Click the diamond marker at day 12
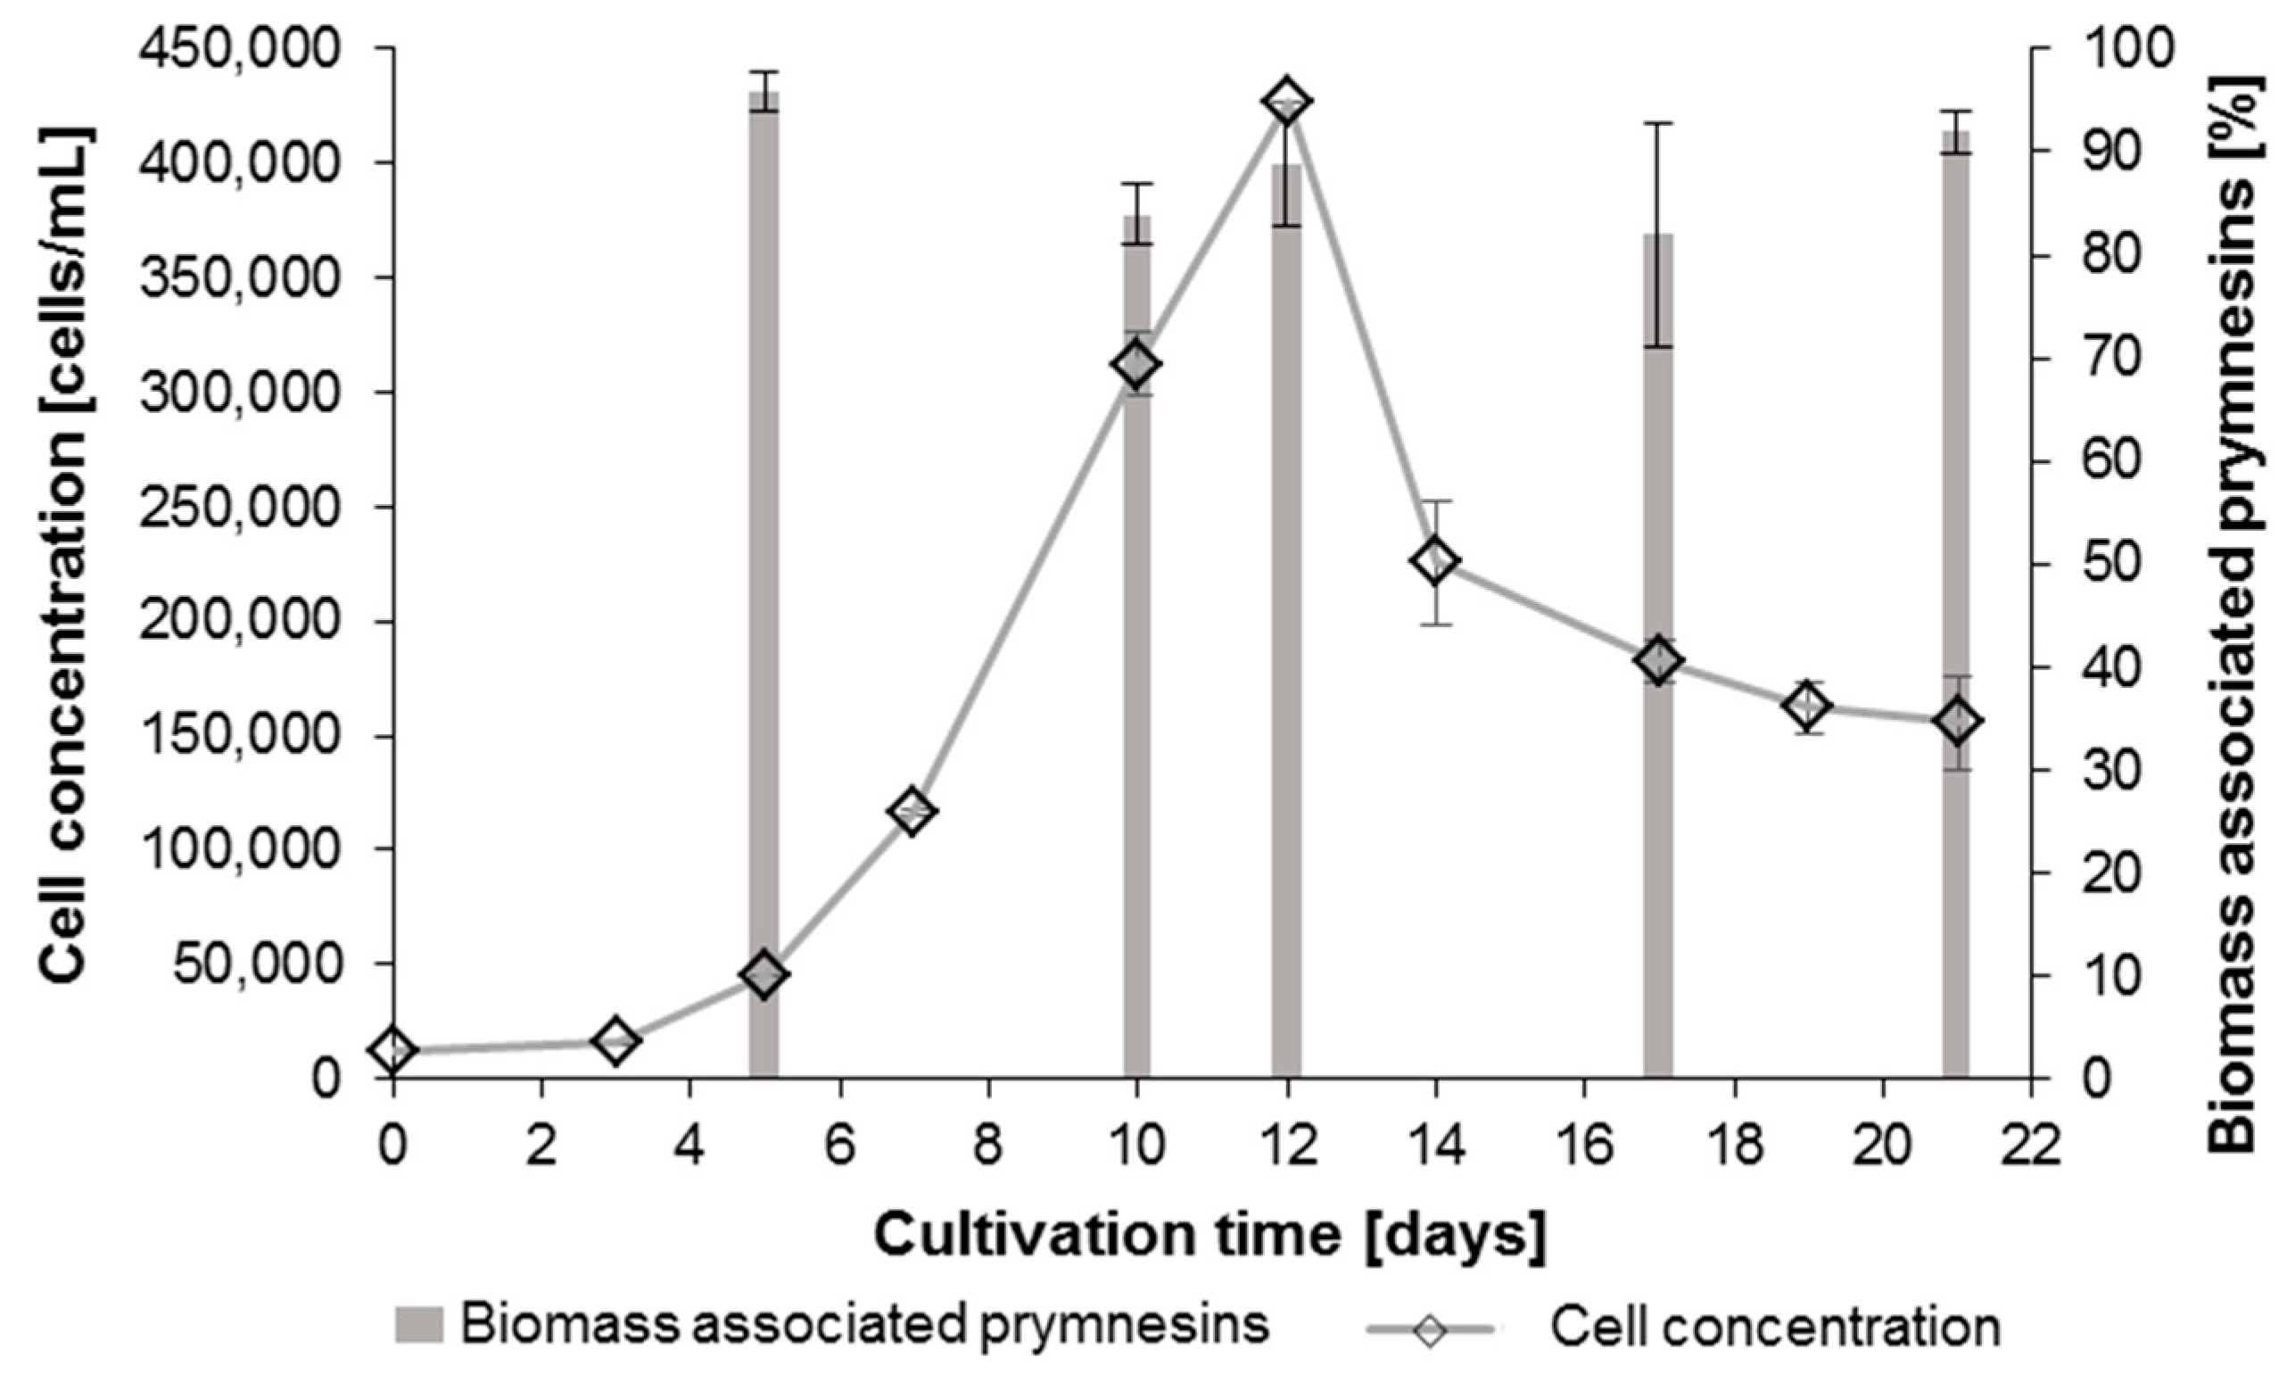(x=1286, y=101)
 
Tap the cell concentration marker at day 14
(x=1436, y=560)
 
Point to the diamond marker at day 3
(x=615, y=1040)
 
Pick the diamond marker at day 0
(x=392, y=1051)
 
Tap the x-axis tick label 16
(x=1584, y=1147)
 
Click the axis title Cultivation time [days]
(x=1211, y=1236)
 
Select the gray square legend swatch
(x=419, y=1326)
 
